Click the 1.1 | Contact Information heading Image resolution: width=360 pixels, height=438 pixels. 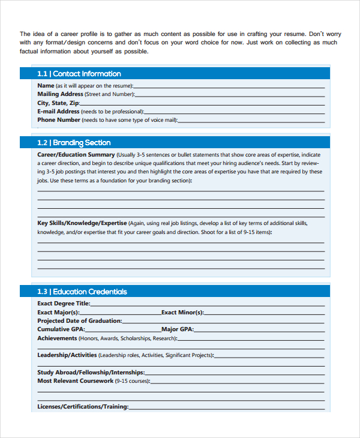(79, 74)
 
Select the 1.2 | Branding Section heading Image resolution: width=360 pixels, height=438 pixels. (74, 143)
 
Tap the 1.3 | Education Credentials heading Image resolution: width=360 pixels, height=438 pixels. (82, 292)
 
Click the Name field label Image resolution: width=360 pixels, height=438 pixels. (46, 86)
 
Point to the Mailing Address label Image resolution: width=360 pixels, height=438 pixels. (60, 94)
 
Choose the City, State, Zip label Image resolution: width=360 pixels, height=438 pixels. (58, 103)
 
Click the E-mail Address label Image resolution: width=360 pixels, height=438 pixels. (58, 111)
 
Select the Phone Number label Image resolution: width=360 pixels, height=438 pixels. (59, 119)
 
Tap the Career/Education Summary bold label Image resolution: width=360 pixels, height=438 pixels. (76, 154)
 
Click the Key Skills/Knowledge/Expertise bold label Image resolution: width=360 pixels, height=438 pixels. (82, 223)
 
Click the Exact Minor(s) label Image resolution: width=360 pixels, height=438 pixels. (182, 313)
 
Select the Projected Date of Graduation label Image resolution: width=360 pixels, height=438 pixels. (79, 321)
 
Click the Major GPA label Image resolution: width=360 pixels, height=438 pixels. (177, 329)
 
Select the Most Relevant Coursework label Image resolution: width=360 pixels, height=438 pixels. (75, 381)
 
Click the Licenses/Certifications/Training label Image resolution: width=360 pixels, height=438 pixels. (83, 407)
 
